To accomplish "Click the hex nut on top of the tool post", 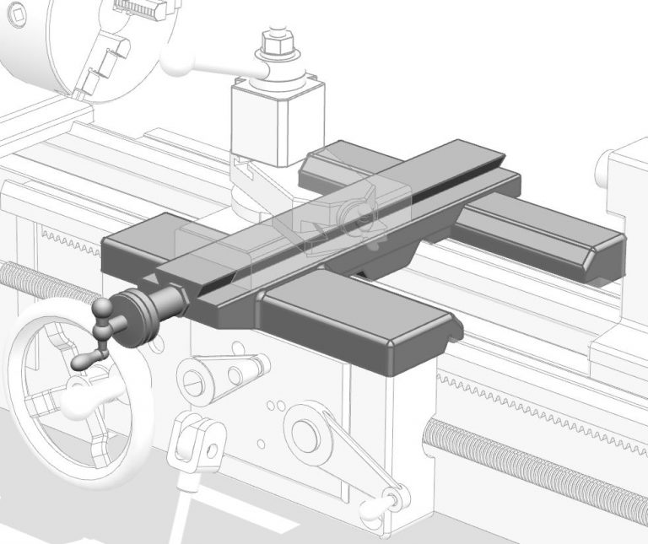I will [x=274, y=43].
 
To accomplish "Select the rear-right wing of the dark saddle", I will [x=540, y=236].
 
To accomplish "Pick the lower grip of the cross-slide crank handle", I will [x=85, y=361].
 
